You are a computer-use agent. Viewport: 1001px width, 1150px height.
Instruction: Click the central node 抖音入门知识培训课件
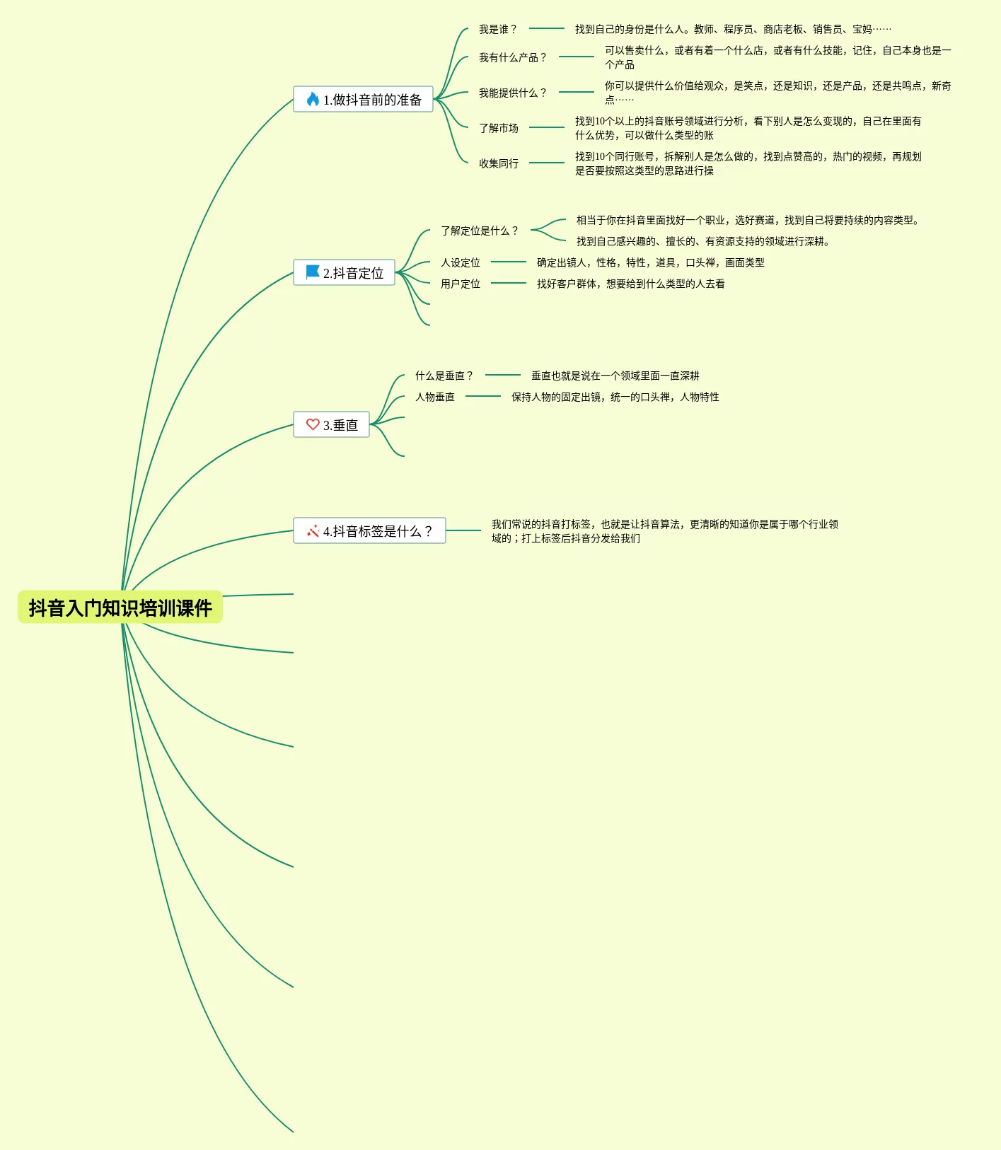coord(120,608)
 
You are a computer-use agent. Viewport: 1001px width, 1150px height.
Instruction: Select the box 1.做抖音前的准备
coord(363,100)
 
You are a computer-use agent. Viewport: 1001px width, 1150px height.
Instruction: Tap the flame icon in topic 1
coord(313,99)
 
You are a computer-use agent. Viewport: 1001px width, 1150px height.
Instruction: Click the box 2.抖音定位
coord(344,273)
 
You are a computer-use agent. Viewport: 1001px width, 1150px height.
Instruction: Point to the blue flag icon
coord(313,272)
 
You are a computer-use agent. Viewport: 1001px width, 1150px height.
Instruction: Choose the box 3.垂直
coord(331,425)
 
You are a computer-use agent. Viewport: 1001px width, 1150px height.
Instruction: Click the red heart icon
coord(313,424)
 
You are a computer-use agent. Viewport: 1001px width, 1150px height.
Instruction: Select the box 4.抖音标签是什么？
coord(369,531)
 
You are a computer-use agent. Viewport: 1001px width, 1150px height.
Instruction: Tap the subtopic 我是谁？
coord(498,29)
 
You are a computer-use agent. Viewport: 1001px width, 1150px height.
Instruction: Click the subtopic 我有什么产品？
coord(513,57)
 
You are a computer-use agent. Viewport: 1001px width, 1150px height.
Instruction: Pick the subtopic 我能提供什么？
coord(513,93)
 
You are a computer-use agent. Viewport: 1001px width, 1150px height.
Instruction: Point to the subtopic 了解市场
coord(499,128)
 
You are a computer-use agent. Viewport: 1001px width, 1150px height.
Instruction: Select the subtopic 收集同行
coord(499,163)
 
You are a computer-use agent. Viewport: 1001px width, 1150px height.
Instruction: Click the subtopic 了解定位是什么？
coord(480,231)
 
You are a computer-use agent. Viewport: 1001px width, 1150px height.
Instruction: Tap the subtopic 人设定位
coord(461,262)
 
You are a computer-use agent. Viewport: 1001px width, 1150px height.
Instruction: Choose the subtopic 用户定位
coord(461,284)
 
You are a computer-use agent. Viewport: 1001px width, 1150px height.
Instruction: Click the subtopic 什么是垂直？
coord(444,376)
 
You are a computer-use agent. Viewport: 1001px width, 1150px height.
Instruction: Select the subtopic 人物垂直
coord(435,397)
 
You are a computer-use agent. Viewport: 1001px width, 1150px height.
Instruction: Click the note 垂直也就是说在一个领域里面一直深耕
coord(615,376)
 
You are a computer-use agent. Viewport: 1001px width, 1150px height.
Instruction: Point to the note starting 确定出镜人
coord(650,262)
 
